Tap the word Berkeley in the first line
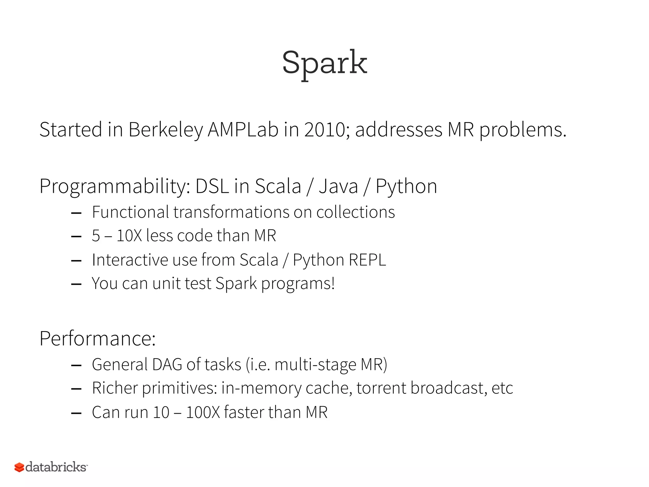click(x=165, y=130)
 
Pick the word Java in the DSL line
click(x=338, y=186)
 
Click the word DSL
click(x=212, y=186)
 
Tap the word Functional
click(x=130, y=212)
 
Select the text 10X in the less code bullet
click(x=129, y=236)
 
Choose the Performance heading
click(x=98, y=339)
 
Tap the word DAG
click(x=167, y=365)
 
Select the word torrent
click(x=381, y=388)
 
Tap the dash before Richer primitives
click(x=77, y=389)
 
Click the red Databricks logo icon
click(x=19, y=467)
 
